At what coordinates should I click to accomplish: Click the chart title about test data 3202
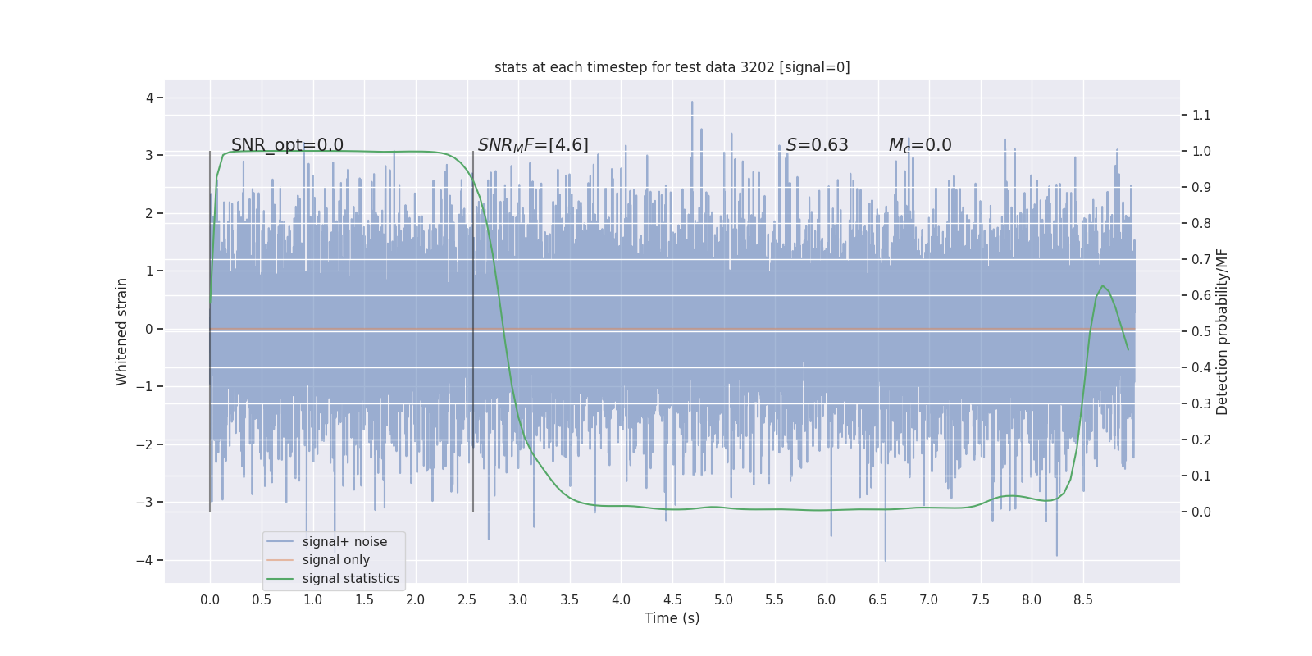(x=672, y=67)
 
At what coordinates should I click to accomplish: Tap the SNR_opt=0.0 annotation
(x=287, y=145)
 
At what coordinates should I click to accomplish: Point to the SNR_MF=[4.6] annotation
(x=533, y=145)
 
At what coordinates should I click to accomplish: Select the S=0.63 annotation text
(x=817, y=145)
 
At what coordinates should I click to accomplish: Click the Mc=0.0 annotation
(x=920, y=145)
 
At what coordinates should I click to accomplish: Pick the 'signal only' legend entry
(x=335, y=560)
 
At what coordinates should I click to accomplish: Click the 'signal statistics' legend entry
(x=350, y=579)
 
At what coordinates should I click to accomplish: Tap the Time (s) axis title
(x=672, y=618)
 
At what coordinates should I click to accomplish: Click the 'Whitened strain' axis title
(x=121, y=331)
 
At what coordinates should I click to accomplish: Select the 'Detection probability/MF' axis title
(x=1223, y=331)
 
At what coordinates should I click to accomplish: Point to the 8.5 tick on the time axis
(x=1082, y=599)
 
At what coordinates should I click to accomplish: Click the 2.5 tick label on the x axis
(x=467, y=599)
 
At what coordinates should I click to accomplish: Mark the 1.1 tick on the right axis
(x=1201, y=115)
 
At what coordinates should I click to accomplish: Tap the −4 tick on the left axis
(x=144, y=560)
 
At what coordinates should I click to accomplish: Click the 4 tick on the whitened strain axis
(x=149, y=98)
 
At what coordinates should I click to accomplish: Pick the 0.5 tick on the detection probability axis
(x=1201, y=331)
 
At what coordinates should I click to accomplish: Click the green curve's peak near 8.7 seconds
(x=1103, y=285)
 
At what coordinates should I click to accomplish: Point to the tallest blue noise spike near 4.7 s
(x=692, y=102)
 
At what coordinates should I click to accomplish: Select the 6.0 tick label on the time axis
(x=826, y=599)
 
